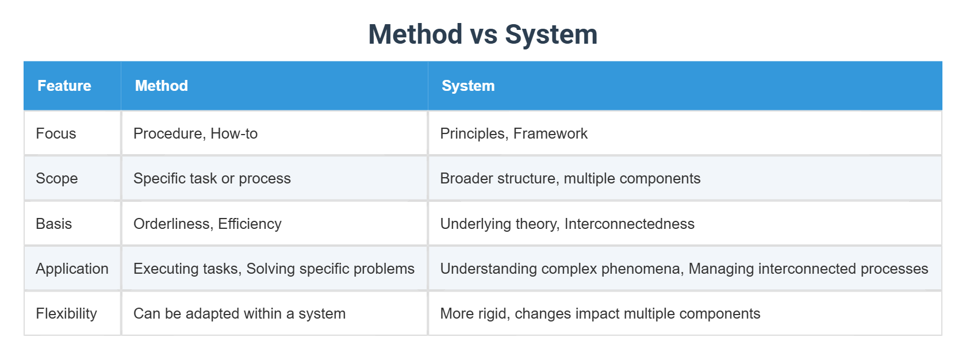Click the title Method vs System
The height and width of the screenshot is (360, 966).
tap(482, 35)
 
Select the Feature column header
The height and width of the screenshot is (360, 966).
tap(64, 86)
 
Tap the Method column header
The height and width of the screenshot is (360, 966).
tap(162, 86)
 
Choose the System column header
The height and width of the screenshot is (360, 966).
tap(468, 86)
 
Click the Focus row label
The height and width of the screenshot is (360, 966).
tap(56, 133)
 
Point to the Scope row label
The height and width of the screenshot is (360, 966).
tap(56, 178)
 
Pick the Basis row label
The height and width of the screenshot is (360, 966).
tap(53, 224)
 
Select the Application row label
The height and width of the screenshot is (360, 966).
tap(72, 269)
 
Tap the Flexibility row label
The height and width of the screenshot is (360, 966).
tap(66, 313)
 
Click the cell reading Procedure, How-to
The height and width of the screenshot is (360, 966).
tap(195, 133)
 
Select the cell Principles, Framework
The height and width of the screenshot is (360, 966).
tap(513, 133)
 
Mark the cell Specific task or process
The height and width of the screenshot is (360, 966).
tap(212, 178)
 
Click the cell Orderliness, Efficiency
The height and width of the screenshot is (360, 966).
tap(208, 224)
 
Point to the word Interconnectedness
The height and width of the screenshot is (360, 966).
tap(629, 224)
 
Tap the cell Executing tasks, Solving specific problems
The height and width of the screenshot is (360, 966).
tap(274, 269)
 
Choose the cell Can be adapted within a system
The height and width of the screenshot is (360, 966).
tap(239, 313)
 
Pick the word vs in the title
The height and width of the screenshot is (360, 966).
tap(484, 35)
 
